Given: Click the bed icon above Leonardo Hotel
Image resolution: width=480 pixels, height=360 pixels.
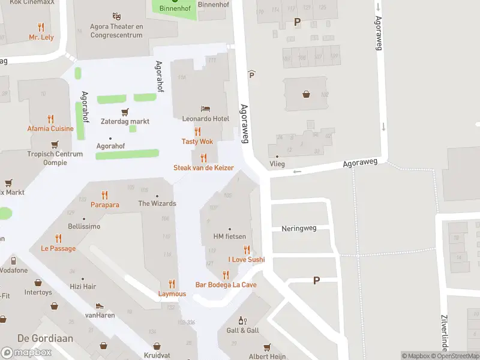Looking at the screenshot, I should pyautogui.click(x=206, y=109).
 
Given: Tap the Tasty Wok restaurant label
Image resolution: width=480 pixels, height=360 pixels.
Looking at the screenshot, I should pyautogui.click(x=197, y=142).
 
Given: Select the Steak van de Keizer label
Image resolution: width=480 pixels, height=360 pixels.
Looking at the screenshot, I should pyautogui.click(x=203, y=168).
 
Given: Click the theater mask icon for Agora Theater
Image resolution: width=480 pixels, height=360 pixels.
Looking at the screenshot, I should pyautogui.click(x=116, y=16).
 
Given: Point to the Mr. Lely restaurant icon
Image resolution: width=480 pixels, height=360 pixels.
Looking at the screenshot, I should pyautogui.click(x=41, y=27).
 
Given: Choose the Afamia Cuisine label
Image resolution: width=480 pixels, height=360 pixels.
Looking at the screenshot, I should pyautogui.click(x=50, y=128).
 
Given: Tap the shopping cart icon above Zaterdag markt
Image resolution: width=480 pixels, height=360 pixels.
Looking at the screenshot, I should pyautogui.click(x=125, y=112).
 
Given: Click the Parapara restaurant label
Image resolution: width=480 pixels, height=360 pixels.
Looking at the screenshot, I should pyautogui.click(x=105, y=205).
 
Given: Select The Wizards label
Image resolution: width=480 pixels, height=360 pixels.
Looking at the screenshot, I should pyautogui.click(x=157, y=203).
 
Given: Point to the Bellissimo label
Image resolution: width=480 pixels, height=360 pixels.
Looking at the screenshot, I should pyautogui.click(x=84, y=227).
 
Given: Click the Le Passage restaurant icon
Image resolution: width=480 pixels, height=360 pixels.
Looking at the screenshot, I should pyautogui.click(x=58, y=238).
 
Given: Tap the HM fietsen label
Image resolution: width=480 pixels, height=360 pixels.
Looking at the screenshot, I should pyautogui.click(x=230, y=236).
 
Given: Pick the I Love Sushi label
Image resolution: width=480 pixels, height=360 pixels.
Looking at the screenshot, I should pyautogui.click(x=246, y=260).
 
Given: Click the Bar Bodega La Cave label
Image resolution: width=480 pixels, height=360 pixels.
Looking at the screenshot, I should pyautogui.click(x=226, y=284).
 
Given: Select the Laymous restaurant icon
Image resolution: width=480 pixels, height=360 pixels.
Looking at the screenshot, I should pyautogui.click(x=172, y=284).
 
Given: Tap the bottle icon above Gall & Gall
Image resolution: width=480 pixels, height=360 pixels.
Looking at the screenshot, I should pyautogui.click(x=242, y=320).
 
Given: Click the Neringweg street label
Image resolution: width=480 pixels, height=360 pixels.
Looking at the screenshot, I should pyautogui.click(x=299, y=229).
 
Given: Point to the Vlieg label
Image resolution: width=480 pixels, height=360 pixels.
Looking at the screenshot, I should pyautogui.click(x=277, y=163).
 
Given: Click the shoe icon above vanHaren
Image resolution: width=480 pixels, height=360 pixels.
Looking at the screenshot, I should pyautogui.click(x=100, y=305).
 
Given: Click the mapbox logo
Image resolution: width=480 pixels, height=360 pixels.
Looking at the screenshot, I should pyautogui.click(x=26, y=352).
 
